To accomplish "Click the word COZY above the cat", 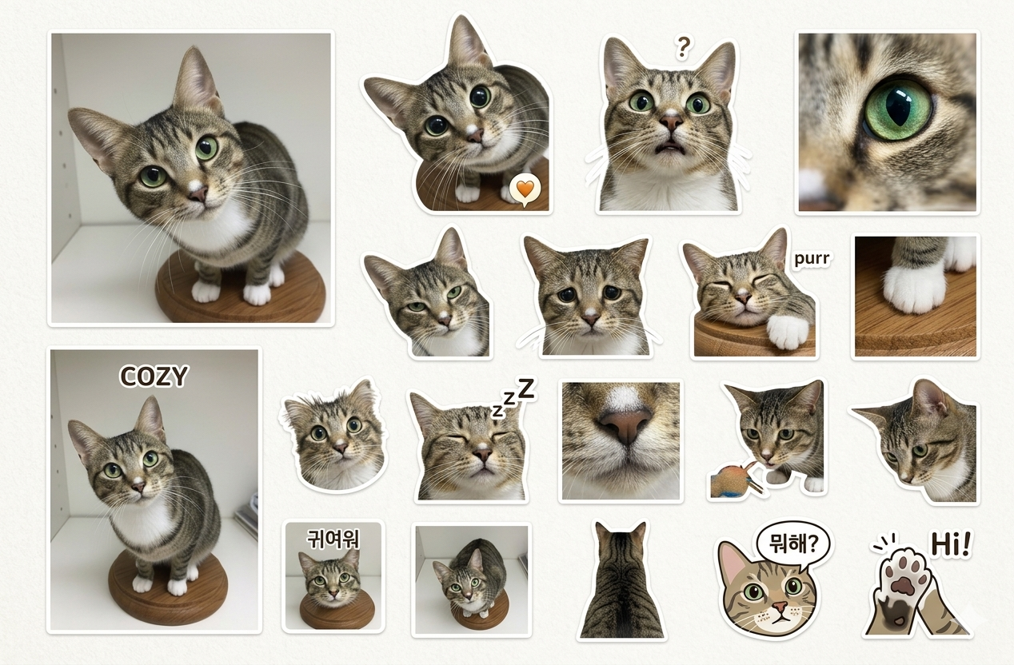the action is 153,376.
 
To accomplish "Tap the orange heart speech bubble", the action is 525,190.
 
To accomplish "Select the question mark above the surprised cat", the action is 683,48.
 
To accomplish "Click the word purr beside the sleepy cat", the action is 812,259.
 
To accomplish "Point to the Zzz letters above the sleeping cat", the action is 513,396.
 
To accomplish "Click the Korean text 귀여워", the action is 333,540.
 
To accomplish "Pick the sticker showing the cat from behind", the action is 621,580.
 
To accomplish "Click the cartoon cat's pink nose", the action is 780,606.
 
